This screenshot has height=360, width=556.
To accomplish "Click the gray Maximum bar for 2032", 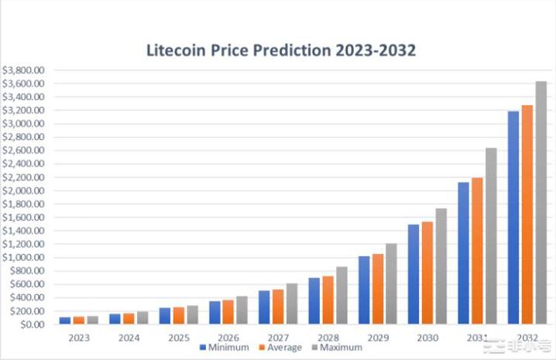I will pyautogui.click(x=541, y=203).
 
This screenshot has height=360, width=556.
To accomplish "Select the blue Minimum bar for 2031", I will pyautogui.click(x=463, y=253).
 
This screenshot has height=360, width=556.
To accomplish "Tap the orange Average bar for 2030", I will pyautogui.click(x=427, y=273).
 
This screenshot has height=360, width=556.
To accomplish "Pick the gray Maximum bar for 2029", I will pyautogui.click(x=392, y=283).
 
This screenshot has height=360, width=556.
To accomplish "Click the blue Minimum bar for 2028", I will pyautogui.click(x=314, y=300).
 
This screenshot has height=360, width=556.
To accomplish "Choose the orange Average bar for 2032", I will pyautogui.click(x=527, y=214).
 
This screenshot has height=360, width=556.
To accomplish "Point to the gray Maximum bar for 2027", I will pyautogui.click(x=292, y=303).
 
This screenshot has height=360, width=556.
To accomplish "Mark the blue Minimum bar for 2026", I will pyautogui.click(x=215, y=312).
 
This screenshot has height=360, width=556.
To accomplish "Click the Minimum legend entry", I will pyautogui.click(x=227, y=348).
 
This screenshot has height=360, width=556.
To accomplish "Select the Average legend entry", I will pyautogui.click(x=280, y=348).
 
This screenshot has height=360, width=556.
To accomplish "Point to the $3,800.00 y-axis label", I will pyautogui.click(x=24, y=70).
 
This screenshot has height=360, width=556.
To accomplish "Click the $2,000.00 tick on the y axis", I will pyautogui.click(x=24, y=190).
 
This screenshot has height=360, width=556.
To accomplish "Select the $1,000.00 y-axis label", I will pyautogui.click(x=24, y=257).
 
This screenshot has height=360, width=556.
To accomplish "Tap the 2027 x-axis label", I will pyautogui.click(x=279, y=338).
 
